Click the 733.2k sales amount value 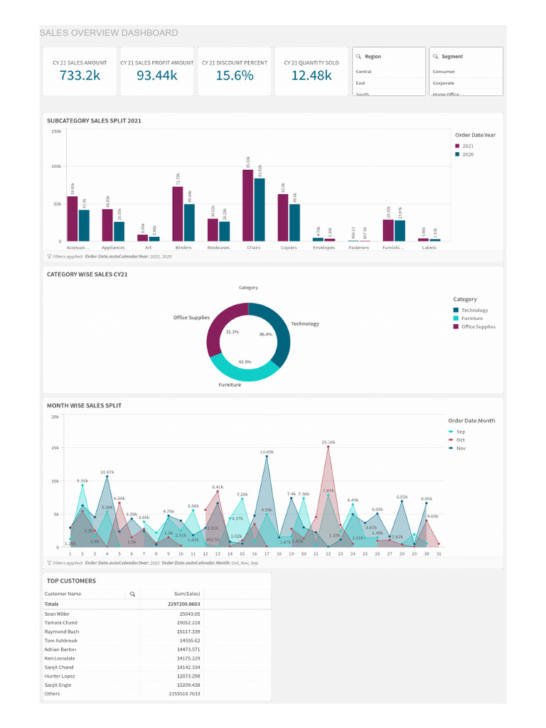pos(80,75)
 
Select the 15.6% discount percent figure pos(235,75)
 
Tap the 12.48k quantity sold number pos(311,75)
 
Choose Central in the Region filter pos(364,72)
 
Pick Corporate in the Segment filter pos(444,83)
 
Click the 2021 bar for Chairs pos(247,205)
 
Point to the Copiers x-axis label pos(288,248)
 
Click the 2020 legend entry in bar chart pos(467,154)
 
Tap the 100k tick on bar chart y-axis pos(57,166)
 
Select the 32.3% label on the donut pos(245,362)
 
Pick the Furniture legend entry pos(471,318)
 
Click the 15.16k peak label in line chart pos(328,442)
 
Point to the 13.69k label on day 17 pos(267,452)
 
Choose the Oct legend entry pos(460,440)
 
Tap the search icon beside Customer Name pos(132,594)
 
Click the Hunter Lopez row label pos(60,676)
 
